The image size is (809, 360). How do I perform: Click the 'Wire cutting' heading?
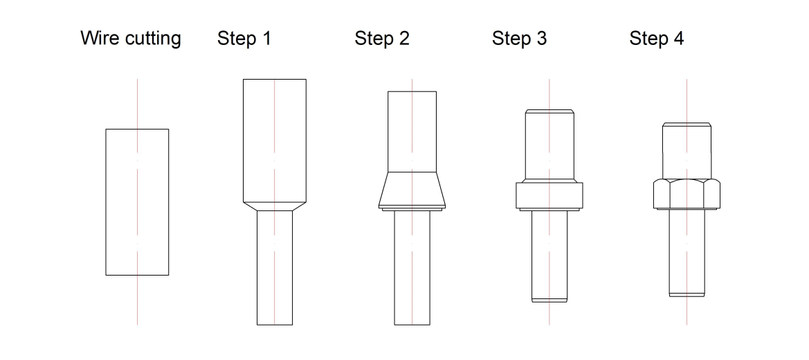point(131,39)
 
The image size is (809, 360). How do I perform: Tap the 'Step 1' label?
point(244,38)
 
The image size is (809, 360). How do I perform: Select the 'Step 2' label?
point(382,38)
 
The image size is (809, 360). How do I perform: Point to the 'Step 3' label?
point(519,38)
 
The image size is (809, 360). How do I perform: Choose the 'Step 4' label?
point(656,38)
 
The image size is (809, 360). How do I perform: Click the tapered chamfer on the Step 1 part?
point(275,206)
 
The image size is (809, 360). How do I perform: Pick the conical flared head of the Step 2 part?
point(412,190)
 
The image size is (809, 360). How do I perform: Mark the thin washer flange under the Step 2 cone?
point(412,209)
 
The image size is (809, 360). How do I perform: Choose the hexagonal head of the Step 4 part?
point(687,195)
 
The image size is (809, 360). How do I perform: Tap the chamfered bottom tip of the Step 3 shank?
point(549,300)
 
